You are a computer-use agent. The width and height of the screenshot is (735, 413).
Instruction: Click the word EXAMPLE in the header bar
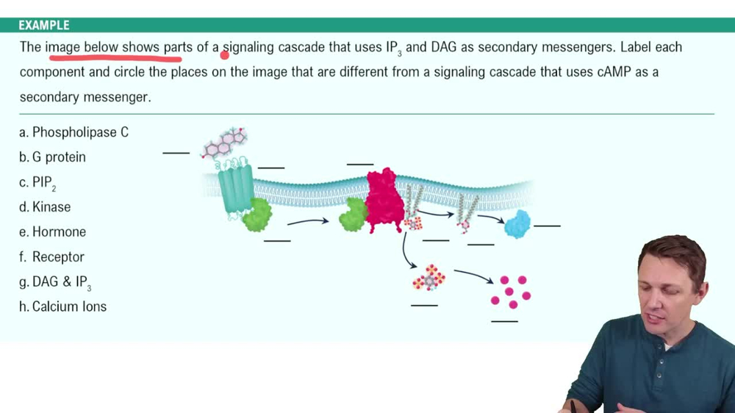pyautogui.click(x=44, y=25)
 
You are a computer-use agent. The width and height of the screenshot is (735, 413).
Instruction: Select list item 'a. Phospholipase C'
pyautogui.click(x=74, y=132)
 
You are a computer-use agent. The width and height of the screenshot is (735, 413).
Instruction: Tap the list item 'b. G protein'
pyautogui.click(x=53, y=157)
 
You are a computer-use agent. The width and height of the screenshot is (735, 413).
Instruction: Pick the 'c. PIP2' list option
pyautogui.click(x=38, y=182)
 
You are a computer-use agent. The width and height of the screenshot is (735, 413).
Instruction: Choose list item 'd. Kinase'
pyautogui.click(x=46, y=207)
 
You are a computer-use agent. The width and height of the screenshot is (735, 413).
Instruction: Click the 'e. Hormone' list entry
pyautogui.click(x=53, y=232)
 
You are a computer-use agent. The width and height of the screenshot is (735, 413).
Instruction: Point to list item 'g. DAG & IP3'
pyautogui.click(x=56, y=282)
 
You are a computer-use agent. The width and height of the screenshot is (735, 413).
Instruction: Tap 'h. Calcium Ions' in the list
pyautogui.click(x=63, y=307)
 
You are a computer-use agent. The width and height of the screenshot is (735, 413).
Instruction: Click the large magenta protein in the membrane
pyautogui.click(x=384, y=200)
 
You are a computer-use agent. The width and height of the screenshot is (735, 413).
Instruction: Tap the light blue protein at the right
pyautogui.click(x=517, y=223)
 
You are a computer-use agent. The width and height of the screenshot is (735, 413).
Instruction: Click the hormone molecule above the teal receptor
pyautogui.click(x=225, y=144)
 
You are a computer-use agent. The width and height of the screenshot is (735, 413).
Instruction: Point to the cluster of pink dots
pyautogui.click(x=510, y=291)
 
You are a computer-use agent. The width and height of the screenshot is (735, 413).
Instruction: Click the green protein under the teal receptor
pyautogui.click(x=257, y=215)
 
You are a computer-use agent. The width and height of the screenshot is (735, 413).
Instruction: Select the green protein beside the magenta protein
pyautogui.click(x=354, y=214)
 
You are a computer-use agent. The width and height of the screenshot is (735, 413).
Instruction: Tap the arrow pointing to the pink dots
pyautogui.click(x=473, y=276)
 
